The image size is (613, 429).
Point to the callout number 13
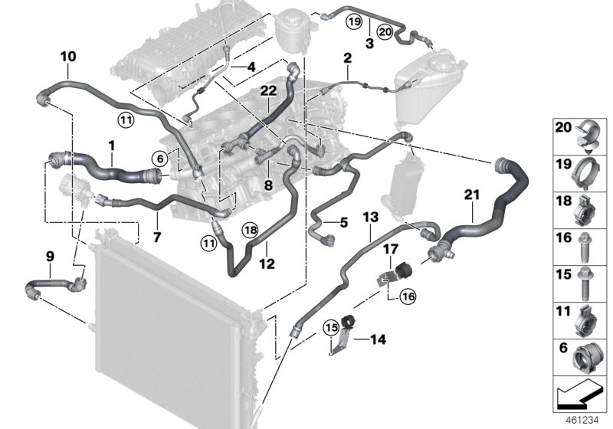pos(369,218)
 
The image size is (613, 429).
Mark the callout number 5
pos(343,223)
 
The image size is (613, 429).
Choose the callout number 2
pos(346,58)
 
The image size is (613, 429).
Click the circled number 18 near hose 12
pos(250,229)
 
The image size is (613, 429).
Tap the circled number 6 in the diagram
pos(159,158)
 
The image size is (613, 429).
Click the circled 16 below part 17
pos(405,293)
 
